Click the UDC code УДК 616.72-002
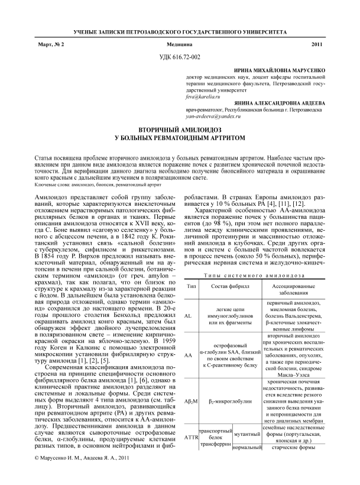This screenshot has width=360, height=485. click(180, 57)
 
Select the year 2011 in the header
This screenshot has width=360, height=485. click(318, 45)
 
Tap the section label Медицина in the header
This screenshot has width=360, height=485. click(180, 45)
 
